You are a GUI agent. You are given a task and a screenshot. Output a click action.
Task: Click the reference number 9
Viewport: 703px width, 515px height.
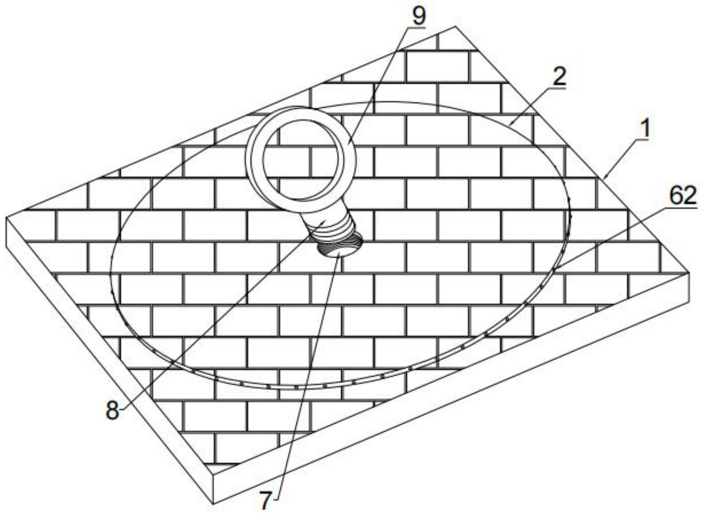click(x=419, y=15)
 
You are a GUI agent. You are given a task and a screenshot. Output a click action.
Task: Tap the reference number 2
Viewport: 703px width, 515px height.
click(x=559, y=77)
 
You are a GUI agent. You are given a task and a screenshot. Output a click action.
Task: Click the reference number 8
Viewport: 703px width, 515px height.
click(x=112, y=410)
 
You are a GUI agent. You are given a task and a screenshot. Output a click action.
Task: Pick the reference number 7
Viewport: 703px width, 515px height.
click(x=266, y=500)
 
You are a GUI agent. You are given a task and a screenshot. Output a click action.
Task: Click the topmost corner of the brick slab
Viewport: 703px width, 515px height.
click(x=455, y=26)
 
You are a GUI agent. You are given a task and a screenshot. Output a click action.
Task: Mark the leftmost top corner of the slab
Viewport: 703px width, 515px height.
click(x=7, y=217)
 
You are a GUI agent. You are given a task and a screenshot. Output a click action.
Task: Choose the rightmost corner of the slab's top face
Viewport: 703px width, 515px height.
click(x=689, y=273)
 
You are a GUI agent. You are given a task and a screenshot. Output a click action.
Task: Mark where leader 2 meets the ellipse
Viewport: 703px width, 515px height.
click(x=510, y=125)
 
